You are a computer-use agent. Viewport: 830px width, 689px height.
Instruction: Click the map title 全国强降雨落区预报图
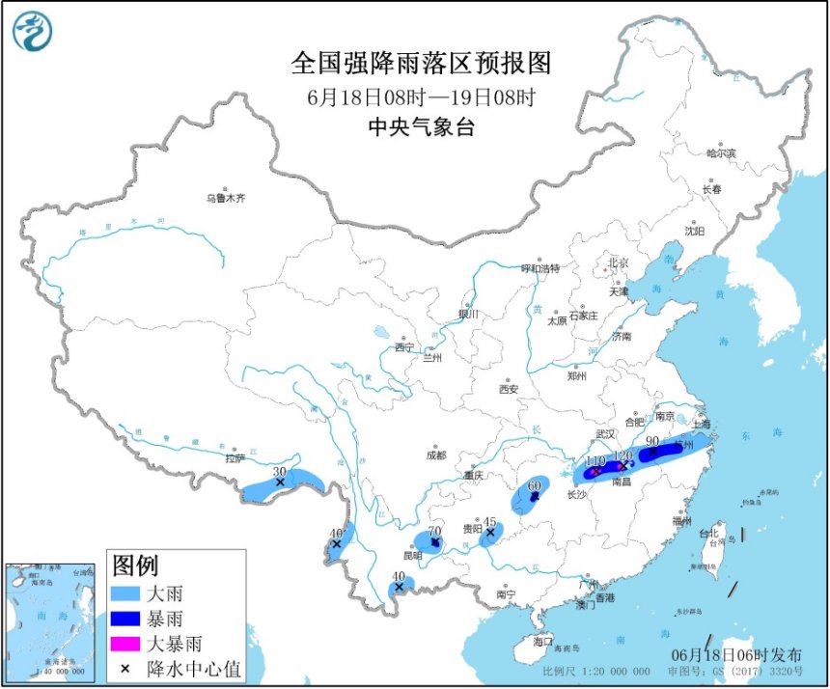[x=421, y=64]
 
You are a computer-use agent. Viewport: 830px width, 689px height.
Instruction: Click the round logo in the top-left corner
[x=32, y=31]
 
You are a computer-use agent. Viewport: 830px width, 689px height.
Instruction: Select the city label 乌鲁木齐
[x=225, y=198]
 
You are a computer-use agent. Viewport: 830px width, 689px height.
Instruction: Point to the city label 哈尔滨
[x=720, y=153]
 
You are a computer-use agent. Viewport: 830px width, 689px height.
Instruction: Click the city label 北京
[x=617, y=262]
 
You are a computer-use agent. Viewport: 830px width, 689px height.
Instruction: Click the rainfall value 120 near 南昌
[x=622, y=455]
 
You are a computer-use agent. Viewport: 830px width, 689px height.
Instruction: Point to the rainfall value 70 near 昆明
[x=434, y=531]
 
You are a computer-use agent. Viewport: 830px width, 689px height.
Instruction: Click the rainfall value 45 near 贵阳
[x=489, y=520]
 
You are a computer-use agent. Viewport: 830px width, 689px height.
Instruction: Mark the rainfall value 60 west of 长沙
[x=534, y=485]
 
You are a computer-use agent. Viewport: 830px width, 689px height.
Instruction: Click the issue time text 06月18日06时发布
[x=743, y=654]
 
